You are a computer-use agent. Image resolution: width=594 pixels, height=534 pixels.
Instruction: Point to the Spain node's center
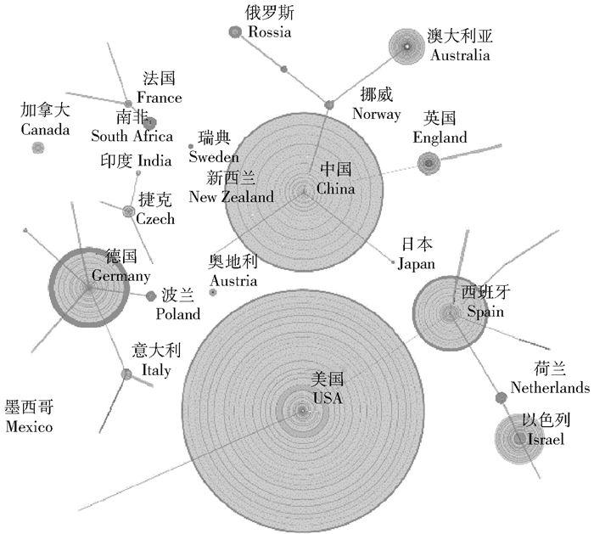[x=449, y=314]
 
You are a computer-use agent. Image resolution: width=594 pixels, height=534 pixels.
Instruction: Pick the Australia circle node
[x=406, y=47]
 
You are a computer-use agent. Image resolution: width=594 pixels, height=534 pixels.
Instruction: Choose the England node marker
[x=428, y=163]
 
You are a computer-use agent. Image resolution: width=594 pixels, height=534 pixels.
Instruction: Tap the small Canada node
[x=37, y=148]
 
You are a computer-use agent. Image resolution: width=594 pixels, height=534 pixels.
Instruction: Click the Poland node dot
[x=151, y=296]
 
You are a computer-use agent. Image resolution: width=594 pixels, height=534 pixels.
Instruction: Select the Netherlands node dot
[x=501, y=397]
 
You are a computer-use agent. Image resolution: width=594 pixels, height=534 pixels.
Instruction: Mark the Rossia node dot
[x=235, y=31]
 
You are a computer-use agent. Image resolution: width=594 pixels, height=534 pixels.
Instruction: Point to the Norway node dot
[x=329, y=105]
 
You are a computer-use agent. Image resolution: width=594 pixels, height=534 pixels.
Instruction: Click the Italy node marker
[x=126, y=374]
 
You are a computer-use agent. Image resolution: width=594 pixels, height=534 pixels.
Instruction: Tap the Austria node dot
[x=212, y=292]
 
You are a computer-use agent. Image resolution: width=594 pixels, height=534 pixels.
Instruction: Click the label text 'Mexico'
[x=29, y=427]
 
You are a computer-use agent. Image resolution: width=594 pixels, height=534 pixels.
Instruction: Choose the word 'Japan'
[x=416, y=264]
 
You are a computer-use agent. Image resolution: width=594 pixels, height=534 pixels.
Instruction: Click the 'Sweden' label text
[x=213, y=156]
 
